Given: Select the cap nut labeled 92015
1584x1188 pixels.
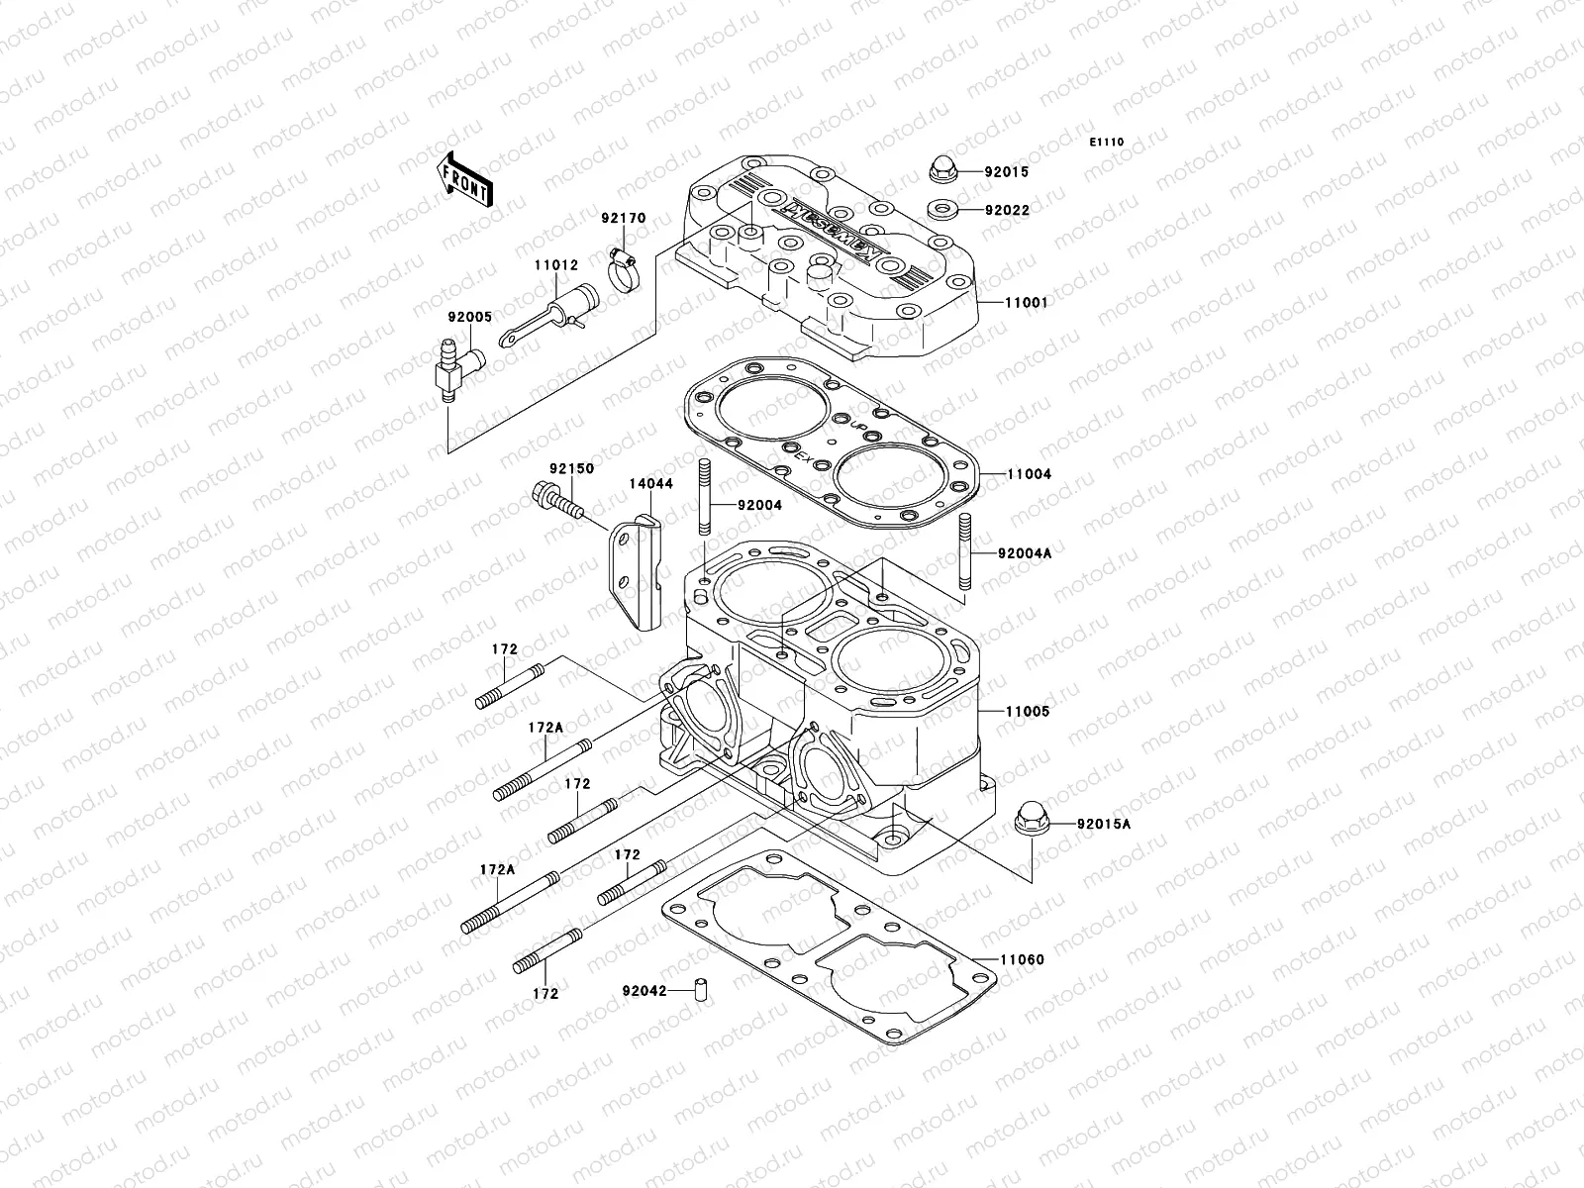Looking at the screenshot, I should point(940,169).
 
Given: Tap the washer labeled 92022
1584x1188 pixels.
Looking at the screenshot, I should point(940,209).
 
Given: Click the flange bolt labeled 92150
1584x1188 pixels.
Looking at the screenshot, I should point(553,499).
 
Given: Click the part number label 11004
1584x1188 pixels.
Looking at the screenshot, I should point(1030,474).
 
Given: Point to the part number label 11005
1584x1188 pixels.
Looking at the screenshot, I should point(1029,712).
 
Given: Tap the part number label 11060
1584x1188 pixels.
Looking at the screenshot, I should point(1022,959).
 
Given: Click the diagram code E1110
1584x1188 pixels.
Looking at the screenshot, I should point(1107,143).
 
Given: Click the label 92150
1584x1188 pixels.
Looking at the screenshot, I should point(572,468).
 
